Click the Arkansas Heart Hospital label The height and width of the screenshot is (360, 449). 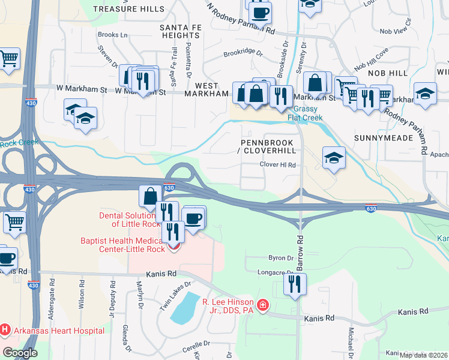pyautogui.click(x=58, y=331)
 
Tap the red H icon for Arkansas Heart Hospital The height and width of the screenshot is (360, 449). pyautogui.click(x=5, y=329)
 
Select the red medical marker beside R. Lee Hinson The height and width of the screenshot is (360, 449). pyautogui.click(x=262, y=306)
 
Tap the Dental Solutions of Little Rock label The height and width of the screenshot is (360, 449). pyautogui.click(x=130, y=220)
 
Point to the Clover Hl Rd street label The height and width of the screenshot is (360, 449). pyautogui.click(x=278, y=164)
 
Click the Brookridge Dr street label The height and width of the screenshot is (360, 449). pyautogui.click(x=243, y=53)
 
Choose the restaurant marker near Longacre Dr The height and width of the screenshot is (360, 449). pyautogui.click(x=294, y=284)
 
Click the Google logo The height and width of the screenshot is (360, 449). pyautogui.click(x=20, y=353)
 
